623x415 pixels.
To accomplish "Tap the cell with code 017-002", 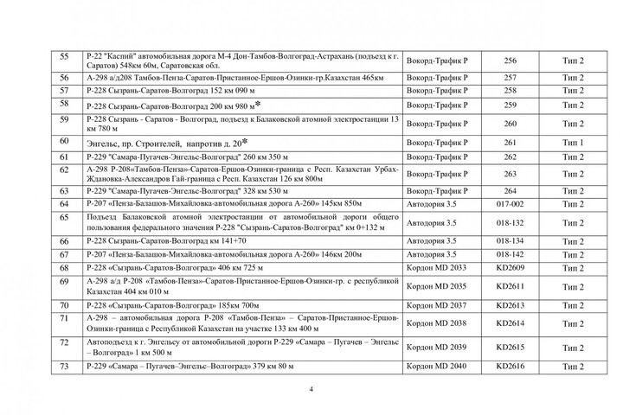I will (x=509, y=204).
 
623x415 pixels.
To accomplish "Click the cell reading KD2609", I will (x=509, y=269).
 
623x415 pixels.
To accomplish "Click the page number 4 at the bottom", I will (x=311, y=389).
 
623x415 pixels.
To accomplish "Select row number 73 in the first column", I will (x=62, y=367).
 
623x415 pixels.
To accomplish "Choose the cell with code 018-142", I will (x=509, y=255).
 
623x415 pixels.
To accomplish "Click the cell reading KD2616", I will (x=509, y=367).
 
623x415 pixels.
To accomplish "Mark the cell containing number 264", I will (x=509, y=190).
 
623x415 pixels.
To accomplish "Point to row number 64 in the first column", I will (x=62, y=204).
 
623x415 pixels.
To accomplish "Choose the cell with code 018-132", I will (x=509, y=222).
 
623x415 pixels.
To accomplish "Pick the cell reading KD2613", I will (x=509, y=306).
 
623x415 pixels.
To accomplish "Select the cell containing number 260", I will (x=509, y=123).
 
